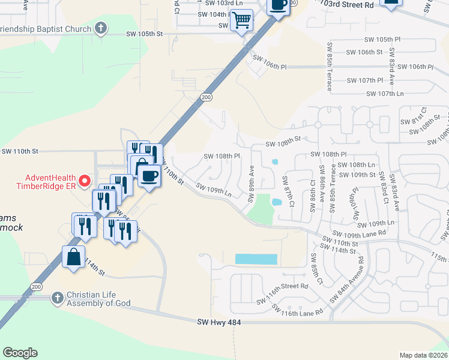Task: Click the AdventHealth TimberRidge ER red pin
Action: tap(85, 180)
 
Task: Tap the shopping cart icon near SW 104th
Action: tap(243, 20)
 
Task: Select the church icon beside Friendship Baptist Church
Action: tap(101, 28)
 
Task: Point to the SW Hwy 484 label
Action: tap(220, 323)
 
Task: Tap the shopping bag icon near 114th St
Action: tap(73, 257)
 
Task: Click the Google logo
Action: tap(20, 353)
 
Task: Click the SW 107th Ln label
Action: tap(384, 94)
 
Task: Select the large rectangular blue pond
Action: tap(256, 259)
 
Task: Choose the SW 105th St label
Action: tap(145, 34)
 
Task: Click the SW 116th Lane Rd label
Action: tap(298, 310)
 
